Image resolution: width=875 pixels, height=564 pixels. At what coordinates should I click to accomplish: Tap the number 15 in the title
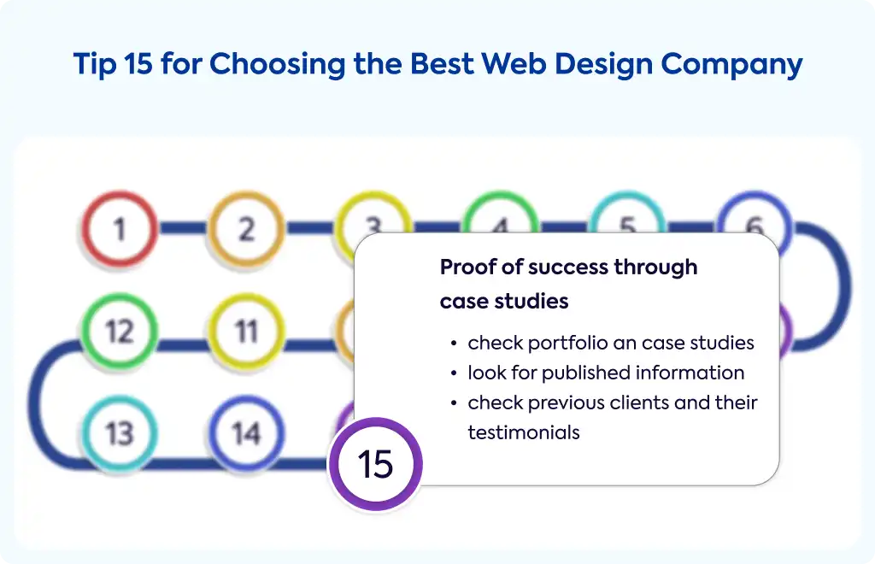tap(138, 63)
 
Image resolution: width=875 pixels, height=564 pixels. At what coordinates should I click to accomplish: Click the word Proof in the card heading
tap(467, 267)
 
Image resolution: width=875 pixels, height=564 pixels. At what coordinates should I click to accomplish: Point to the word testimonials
tap(524, 432)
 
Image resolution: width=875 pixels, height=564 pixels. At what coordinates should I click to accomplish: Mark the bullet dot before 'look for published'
tap(455, 373)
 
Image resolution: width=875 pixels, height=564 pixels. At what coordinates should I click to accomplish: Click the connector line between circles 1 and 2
tap(183, 228)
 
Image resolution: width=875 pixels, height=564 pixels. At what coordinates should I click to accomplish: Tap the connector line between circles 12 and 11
tap(183, 345)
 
